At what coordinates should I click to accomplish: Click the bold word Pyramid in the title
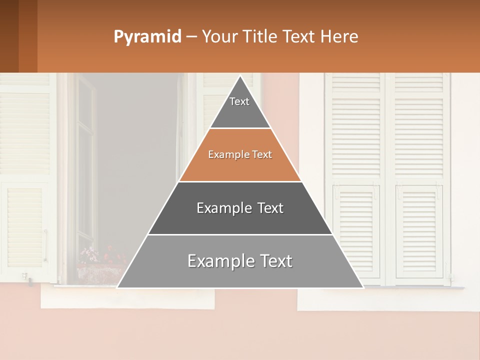pos(147,37)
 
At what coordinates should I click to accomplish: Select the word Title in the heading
pos(262,37)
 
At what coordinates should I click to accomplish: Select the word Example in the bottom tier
pos(215,261)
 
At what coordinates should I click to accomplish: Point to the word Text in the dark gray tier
pos(270,208)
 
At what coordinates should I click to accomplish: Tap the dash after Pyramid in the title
pos(191,37)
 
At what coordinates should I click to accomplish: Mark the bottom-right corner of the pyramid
pos(362,287)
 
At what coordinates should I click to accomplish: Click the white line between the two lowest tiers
pos(240,234)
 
